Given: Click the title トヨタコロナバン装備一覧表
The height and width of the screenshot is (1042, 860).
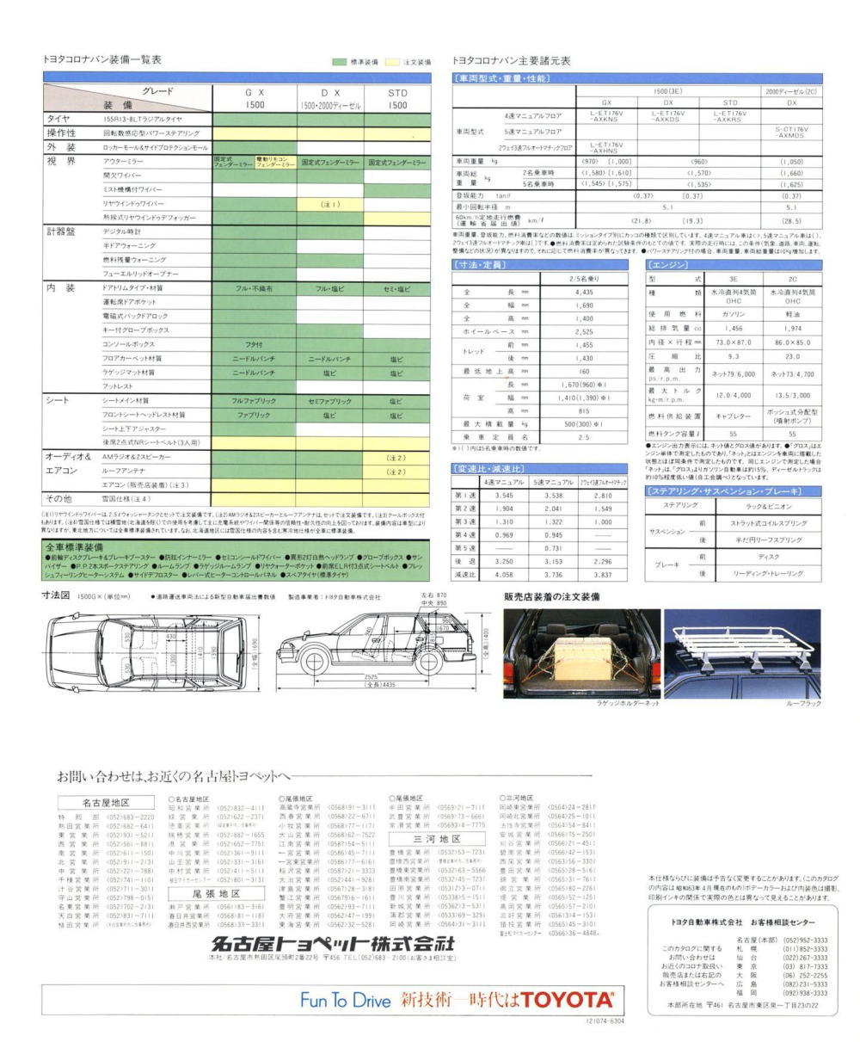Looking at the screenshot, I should point(101,59).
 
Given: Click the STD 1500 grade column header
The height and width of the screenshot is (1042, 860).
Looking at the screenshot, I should point(396,98).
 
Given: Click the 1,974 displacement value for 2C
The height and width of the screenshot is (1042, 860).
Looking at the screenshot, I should point(792,328).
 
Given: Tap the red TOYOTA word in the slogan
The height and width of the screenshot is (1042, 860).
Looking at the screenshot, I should point(569,1000).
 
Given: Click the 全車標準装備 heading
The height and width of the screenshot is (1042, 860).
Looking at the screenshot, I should point(75,547).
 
